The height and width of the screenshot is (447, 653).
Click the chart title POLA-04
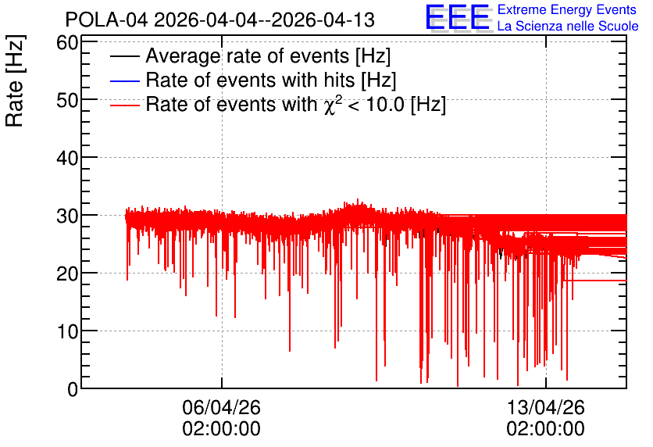[106, 20]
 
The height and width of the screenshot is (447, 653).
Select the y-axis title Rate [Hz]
[15, 80]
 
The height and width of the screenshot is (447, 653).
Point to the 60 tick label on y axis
[67, 42]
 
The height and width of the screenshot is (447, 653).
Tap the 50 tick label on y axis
[67, 100]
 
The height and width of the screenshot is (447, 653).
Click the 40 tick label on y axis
[67, 158]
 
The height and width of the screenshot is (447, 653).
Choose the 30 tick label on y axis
[67, 216]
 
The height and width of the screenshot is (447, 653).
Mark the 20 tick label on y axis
[67, 274]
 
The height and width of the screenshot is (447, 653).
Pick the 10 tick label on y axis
[67, 331]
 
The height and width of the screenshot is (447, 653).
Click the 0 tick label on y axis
[73, 389]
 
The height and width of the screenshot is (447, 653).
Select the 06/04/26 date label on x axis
[222, 407]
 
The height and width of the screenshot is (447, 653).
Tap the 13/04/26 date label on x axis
[545, 407]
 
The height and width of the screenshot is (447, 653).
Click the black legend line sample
[124, 56]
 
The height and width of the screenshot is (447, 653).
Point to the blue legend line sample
[124, 80]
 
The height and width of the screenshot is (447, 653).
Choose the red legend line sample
[124, 105]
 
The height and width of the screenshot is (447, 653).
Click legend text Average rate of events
[248, 55]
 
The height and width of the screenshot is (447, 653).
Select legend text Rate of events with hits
[250, 80]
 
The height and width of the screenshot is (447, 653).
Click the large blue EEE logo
[458, 17]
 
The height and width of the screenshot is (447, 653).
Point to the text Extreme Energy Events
[567, 9]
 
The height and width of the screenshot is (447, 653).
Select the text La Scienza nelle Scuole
[568, 27]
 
